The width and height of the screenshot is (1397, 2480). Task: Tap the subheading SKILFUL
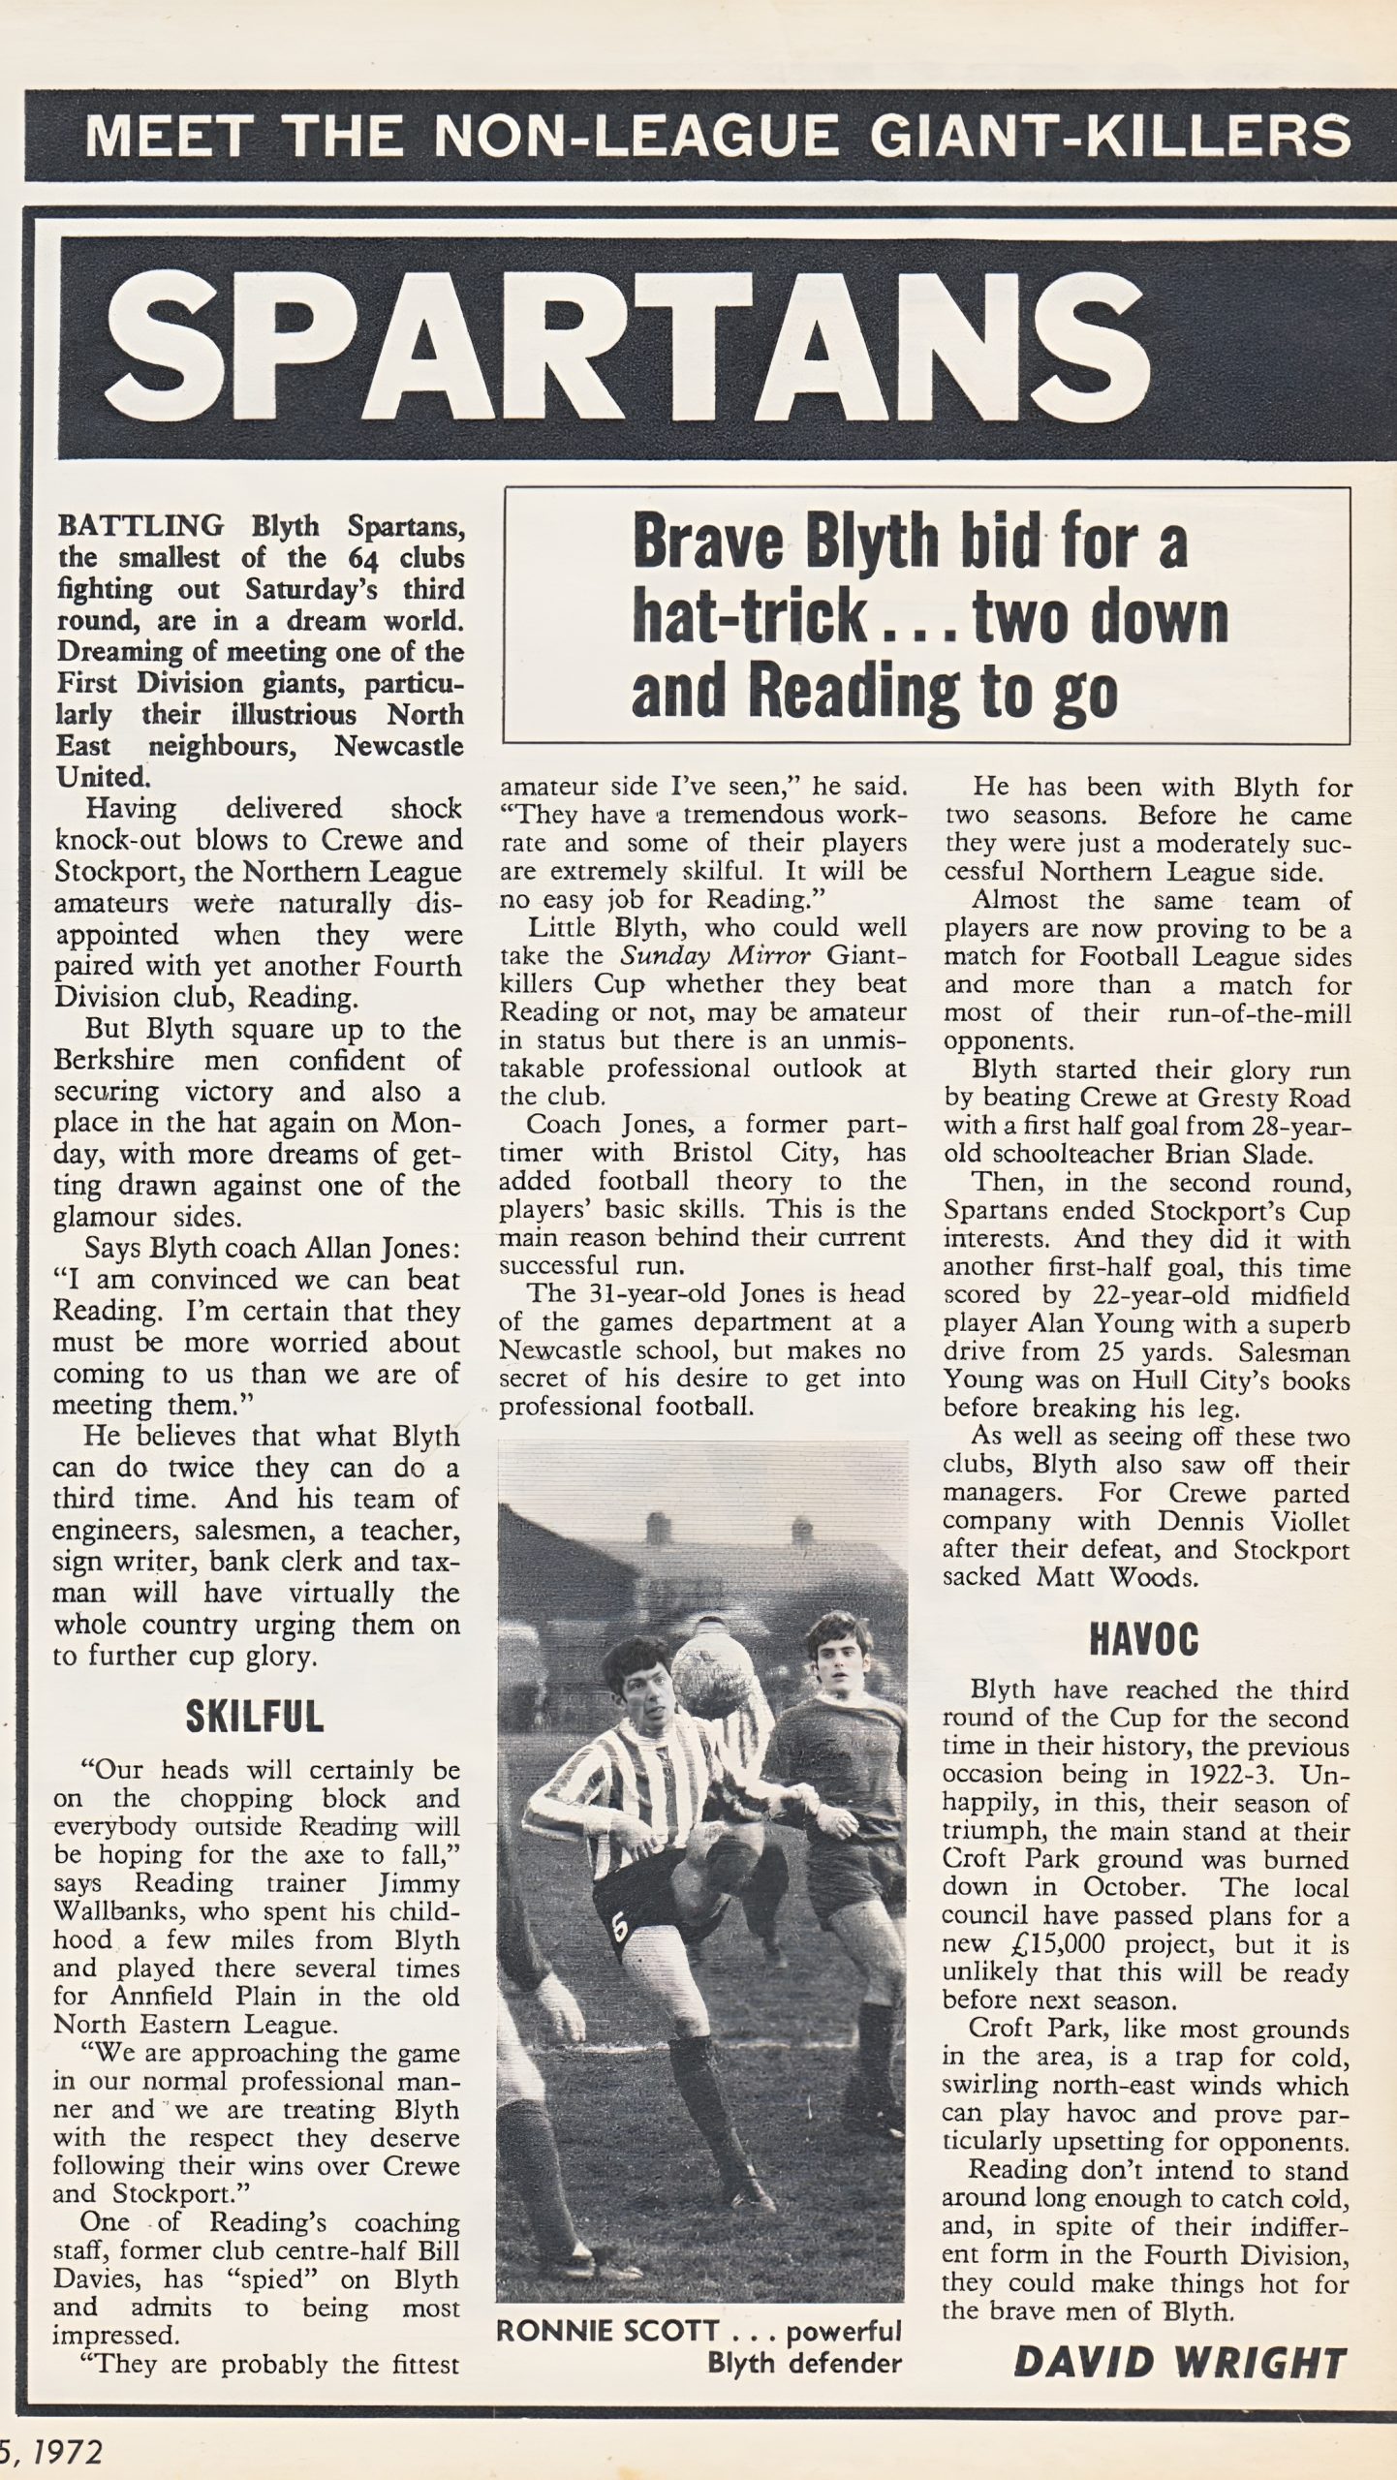[254, 1719]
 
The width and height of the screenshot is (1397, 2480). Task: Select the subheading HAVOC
[1144, 1638]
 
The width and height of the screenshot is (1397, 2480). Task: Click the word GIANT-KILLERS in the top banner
[1109, 136]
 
